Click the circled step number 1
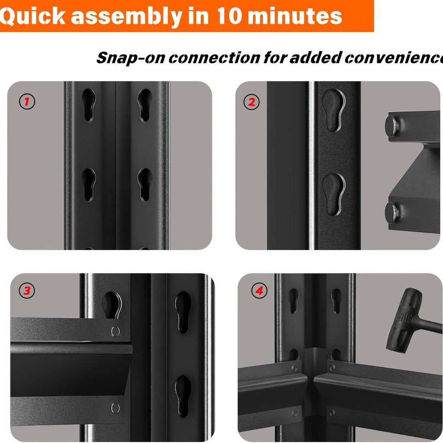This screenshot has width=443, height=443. pos(27,102)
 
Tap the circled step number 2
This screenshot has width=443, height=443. pos(251,102)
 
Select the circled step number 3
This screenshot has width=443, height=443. pos(27,291)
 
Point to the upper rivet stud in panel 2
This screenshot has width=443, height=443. pos(392,125)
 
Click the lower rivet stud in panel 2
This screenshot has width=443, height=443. pos(392,212)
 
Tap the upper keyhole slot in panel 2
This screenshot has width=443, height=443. pos(333,110)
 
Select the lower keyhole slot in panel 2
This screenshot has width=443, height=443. pos(334,194)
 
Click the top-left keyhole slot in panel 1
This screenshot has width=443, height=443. pos(88,105)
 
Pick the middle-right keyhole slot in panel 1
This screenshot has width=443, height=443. pos(145,185)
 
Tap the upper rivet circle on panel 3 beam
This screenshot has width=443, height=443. pos(115,331)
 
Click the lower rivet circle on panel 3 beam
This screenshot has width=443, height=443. pos(115,407)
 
